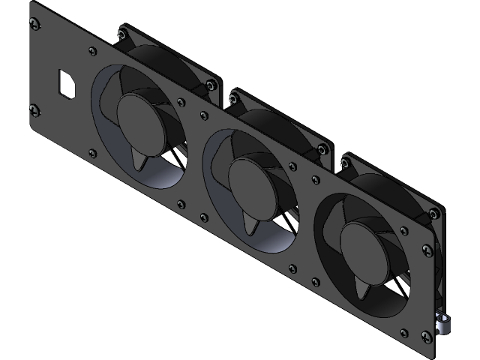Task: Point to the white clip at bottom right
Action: [x=444, y=323]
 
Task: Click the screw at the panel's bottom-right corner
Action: [x=429, y=337]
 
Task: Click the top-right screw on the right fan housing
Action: [x=433, y=210]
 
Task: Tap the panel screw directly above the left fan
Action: [x=92, y=52]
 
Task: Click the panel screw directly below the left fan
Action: [x=181, y=202]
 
